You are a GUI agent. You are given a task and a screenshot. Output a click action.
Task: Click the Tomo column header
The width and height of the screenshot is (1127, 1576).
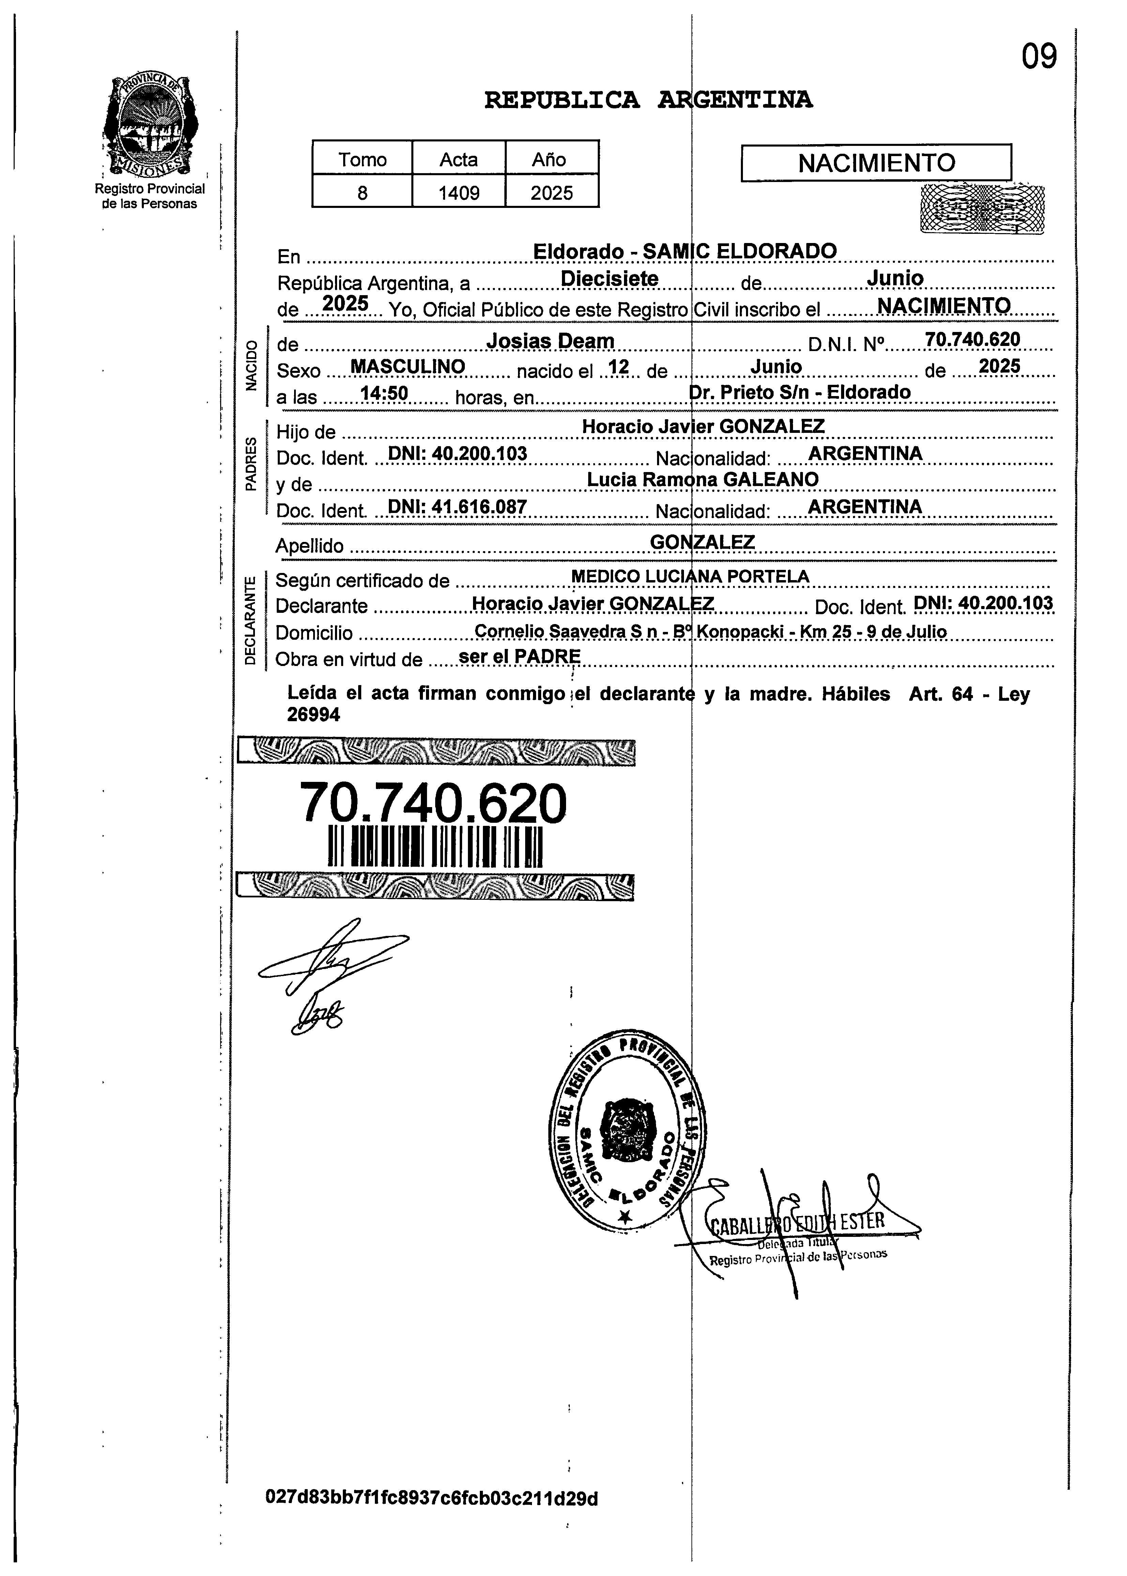362,160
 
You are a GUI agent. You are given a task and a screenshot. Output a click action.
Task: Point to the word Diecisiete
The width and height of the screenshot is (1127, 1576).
609,279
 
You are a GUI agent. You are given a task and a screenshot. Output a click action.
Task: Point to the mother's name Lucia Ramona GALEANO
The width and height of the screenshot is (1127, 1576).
702,480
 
